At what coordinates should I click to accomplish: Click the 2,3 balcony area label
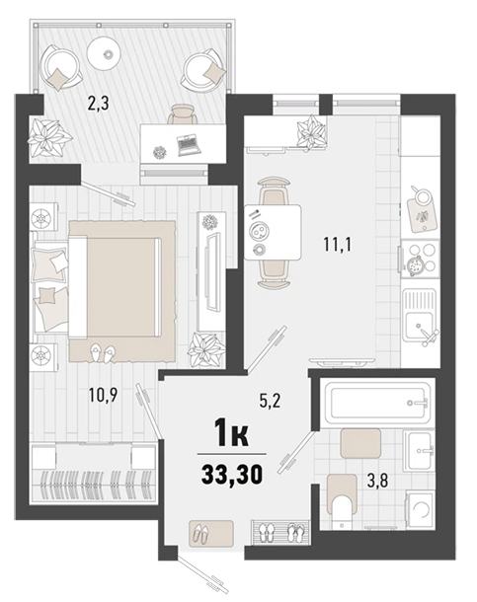pos(99,104)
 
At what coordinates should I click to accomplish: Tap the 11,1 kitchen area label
pos(338,244)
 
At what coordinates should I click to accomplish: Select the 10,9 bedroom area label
pos(103,395)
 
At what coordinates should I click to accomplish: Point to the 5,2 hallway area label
pos(271,402)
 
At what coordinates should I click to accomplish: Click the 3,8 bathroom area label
pos(377,481)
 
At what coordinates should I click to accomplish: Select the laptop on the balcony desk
pos(189,144)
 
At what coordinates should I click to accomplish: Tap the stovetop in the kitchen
pos(420,260)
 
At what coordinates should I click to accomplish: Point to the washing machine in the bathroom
pos(421,511)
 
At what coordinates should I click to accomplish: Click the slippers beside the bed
pos(103,351)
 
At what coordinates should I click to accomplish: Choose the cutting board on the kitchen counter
pos(422,211)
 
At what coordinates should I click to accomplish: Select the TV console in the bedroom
pos(211,271)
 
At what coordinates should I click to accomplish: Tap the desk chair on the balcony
pos(183,114)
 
